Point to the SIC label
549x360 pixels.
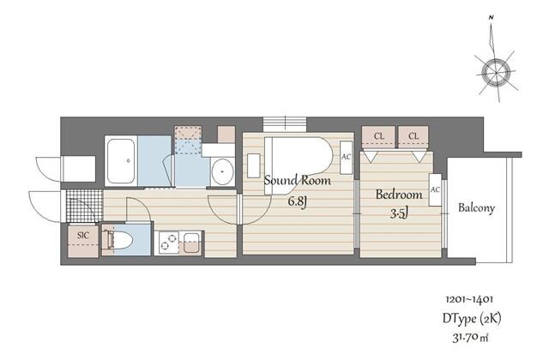(83, 234)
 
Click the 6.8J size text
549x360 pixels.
(298, 201)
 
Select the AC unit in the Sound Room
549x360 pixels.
(346, 157)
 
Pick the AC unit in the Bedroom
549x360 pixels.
(435, 189)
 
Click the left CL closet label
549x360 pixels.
(377, 135)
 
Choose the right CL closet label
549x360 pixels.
(413, 135)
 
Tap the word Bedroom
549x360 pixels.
(397, 194)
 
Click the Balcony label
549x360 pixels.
(477, 208)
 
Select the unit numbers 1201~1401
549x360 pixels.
(469, 299)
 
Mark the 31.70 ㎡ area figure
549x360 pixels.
(469, 337)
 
